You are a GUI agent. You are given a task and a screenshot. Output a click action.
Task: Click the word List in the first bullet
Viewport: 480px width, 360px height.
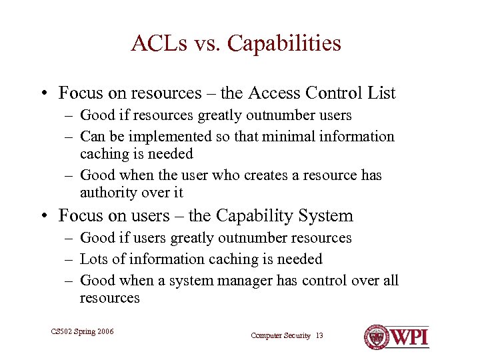[382, 93]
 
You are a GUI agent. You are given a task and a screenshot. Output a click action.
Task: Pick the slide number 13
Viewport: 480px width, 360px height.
[319, 336]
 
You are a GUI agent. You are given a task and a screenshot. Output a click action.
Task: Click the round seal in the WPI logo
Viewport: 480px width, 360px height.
[376, 337]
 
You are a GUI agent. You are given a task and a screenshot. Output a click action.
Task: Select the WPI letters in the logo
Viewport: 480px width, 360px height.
[409, 337]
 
